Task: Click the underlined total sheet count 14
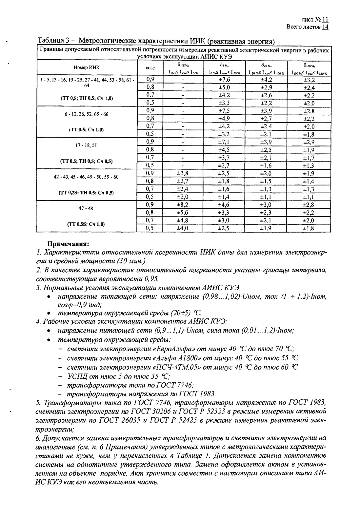325,27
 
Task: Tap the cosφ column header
150,67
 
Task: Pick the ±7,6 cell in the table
224,80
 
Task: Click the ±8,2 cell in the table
183,205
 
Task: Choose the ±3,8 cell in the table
183,173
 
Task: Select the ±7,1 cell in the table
224,142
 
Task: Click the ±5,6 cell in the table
183,213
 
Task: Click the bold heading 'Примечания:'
69,244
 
